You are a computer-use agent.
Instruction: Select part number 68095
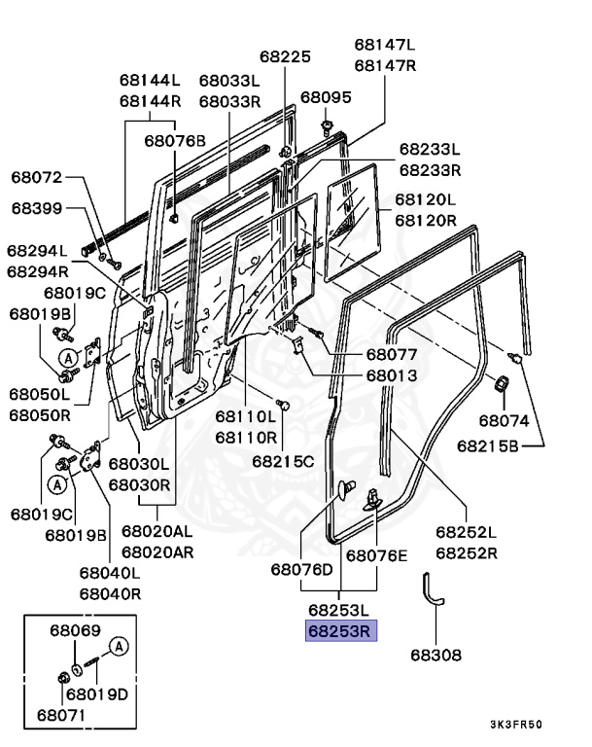tap(326, 97)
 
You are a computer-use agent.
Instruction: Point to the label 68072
tap(37, 178)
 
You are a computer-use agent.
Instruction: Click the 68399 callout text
tap(37, 208)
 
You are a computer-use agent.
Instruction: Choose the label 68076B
tap(175, 141)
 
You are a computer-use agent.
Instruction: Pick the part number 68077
tap(365, 355)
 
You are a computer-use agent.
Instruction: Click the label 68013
tap(365, 375)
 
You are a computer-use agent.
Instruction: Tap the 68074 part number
tap(503, 421)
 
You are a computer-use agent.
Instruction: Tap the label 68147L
tap(384, 45)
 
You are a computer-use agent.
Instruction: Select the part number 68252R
tap(466, 552)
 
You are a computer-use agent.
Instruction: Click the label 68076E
tap(377, 555)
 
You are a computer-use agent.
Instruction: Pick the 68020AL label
tap(157, 531)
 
